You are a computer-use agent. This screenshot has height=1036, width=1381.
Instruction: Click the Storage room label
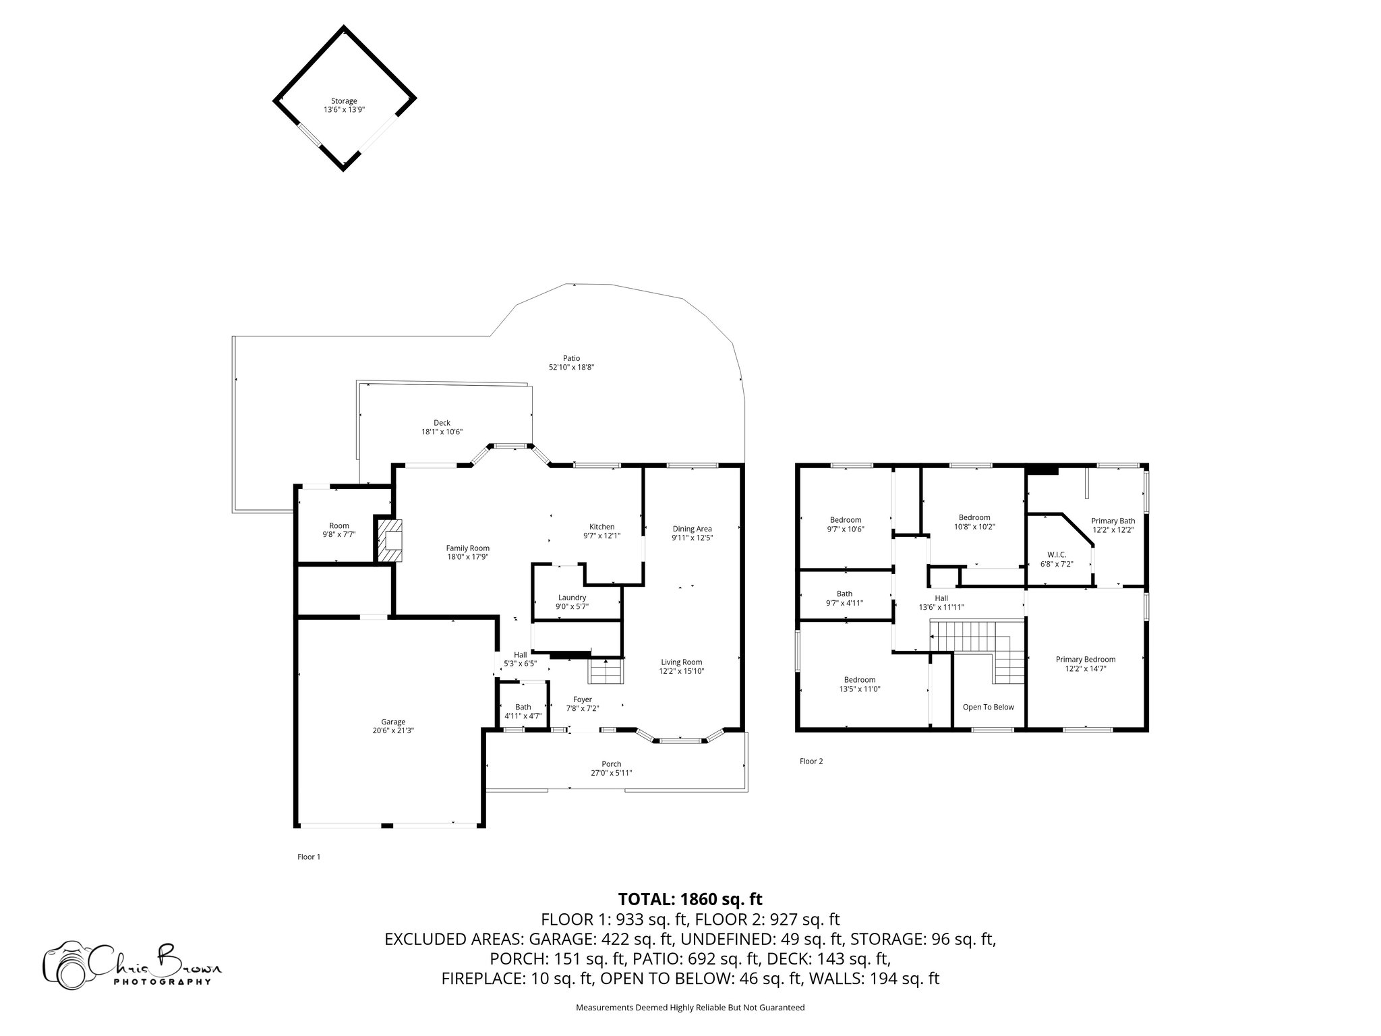pos(344,101)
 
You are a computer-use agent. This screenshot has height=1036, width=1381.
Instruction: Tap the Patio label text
pos(571,358)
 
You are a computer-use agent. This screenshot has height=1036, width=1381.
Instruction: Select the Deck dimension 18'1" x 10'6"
pos(442,432)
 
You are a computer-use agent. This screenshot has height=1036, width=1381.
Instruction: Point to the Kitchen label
pos(601,527)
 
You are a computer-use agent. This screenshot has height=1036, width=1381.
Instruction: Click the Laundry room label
pos(572,598)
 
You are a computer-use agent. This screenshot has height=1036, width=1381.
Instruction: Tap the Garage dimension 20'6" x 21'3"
pos(393,730)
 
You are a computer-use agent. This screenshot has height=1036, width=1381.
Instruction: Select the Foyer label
pos(583,699)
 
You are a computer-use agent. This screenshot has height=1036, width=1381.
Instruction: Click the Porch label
pos(612,764)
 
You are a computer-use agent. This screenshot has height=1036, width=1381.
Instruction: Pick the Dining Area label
pos(692,529)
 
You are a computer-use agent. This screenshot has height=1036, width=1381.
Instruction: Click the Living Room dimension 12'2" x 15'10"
pos(682,671)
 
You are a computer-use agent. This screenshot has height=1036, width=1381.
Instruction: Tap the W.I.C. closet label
pos(1057,554)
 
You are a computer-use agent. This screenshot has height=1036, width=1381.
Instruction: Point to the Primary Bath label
pos(1113,521)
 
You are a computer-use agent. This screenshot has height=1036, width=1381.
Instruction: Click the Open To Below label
pos(988,707)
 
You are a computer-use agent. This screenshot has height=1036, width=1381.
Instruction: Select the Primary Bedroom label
pos(1086,660)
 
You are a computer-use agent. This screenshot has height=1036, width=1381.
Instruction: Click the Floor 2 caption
pos(811,761)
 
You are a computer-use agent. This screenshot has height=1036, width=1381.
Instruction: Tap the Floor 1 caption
pos(309,857)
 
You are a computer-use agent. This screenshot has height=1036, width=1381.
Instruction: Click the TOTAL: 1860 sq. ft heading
pos(690,899)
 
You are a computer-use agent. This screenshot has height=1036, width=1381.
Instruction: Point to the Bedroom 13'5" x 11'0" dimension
pos(860,689)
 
